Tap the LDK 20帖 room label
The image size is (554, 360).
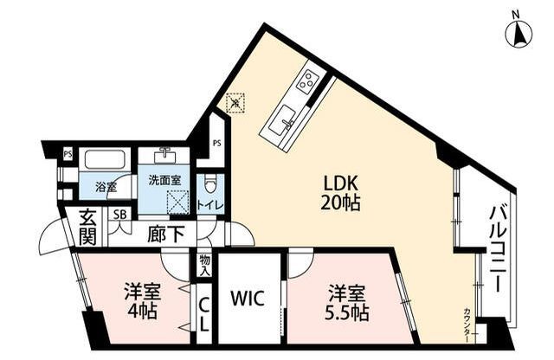(x=340, y=193)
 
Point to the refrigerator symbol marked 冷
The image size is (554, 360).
(x=235, y=102)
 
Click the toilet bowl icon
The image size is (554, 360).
(x=210, y=183)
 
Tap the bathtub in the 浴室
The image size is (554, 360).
(x=105, y=160)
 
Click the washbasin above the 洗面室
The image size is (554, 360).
(x=164, y=155)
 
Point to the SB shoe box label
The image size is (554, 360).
(x=119, y=215)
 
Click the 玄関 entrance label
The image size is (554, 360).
(x=87, y=228)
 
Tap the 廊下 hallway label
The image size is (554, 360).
(x=165, y=235)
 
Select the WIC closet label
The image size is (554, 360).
(x=248, y=299)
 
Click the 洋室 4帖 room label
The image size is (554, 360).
(x=142, y=300)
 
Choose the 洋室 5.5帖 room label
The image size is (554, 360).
(x=347, y=302)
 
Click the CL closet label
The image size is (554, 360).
(x=204, y=314)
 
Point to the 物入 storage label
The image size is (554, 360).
(x=205, y=266)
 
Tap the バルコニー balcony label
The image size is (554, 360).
(x=498, y=250)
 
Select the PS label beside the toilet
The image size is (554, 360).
(x=217, y=144)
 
